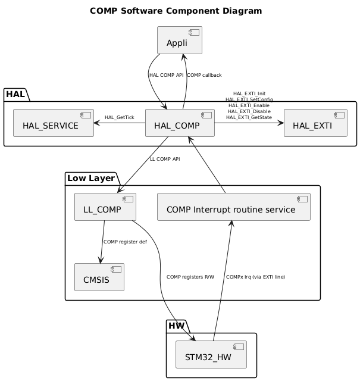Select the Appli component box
tap(179, 40)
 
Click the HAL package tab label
tap(16, 94)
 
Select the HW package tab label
tap(176, 326)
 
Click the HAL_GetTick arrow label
tap(119, 117)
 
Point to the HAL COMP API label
tap(167, 75)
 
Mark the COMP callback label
tap(204, 75)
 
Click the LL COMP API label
tap(165, 159)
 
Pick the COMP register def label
tap(125, 242)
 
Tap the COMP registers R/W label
tap(190, 277)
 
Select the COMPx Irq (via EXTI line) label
tap(255, 277)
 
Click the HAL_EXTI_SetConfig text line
tap(249, 99)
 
